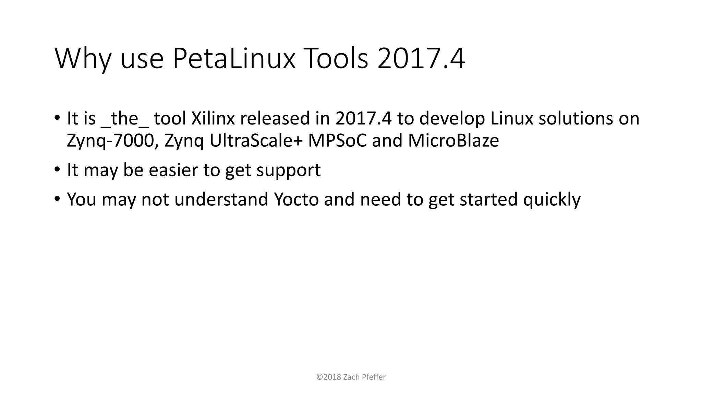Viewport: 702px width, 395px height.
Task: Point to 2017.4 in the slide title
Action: tap(421, 59)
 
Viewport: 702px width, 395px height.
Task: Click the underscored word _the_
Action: tap(125, 119)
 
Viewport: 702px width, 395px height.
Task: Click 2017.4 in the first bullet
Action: tap(363, 119)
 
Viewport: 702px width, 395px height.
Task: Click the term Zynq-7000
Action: tap(112, 141)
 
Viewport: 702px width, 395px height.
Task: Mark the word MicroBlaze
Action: tap(453, 141)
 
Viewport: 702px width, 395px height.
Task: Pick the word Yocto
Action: tap(296, 200)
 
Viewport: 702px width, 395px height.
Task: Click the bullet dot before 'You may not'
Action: tap(57, 199)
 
